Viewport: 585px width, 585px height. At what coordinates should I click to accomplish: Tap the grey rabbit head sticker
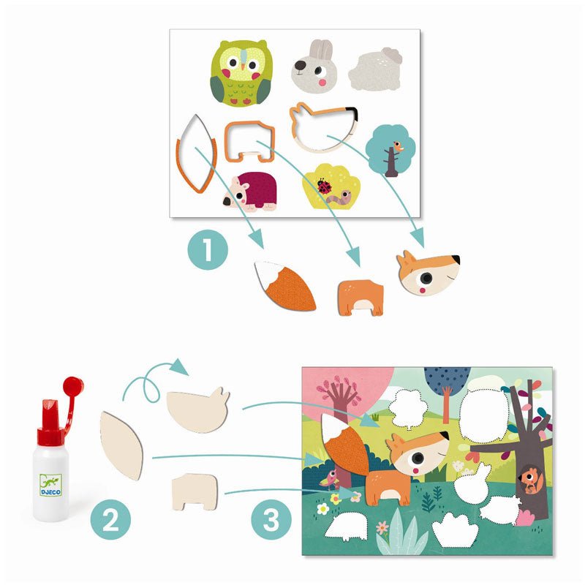pos(314,67)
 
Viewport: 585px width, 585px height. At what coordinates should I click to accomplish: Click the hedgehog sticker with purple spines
pos(251,191)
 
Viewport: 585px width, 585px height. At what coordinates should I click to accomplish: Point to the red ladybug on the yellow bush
pos(324,186)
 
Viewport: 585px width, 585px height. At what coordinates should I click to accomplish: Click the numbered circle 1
pos(208,249)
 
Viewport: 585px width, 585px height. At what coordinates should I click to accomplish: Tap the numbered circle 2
pos(110,520)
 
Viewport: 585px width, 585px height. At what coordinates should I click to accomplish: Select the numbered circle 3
pos(271,520)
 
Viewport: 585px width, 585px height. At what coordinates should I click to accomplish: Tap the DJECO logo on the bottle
pos(50,485)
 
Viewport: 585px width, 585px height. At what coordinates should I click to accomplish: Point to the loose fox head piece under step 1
pos(428,273)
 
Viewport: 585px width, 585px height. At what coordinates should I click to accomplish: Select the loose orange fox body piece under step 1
pos(361,298)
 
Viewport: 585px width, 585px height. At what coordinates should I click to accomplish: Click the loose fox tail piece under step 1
pos(285,286)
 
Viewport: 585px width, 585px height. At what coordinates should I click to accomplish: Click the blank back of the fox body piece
pos(195,491)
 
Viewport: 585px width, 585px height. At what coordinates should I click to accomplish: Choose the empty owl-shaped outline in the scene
pos(484,416)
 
